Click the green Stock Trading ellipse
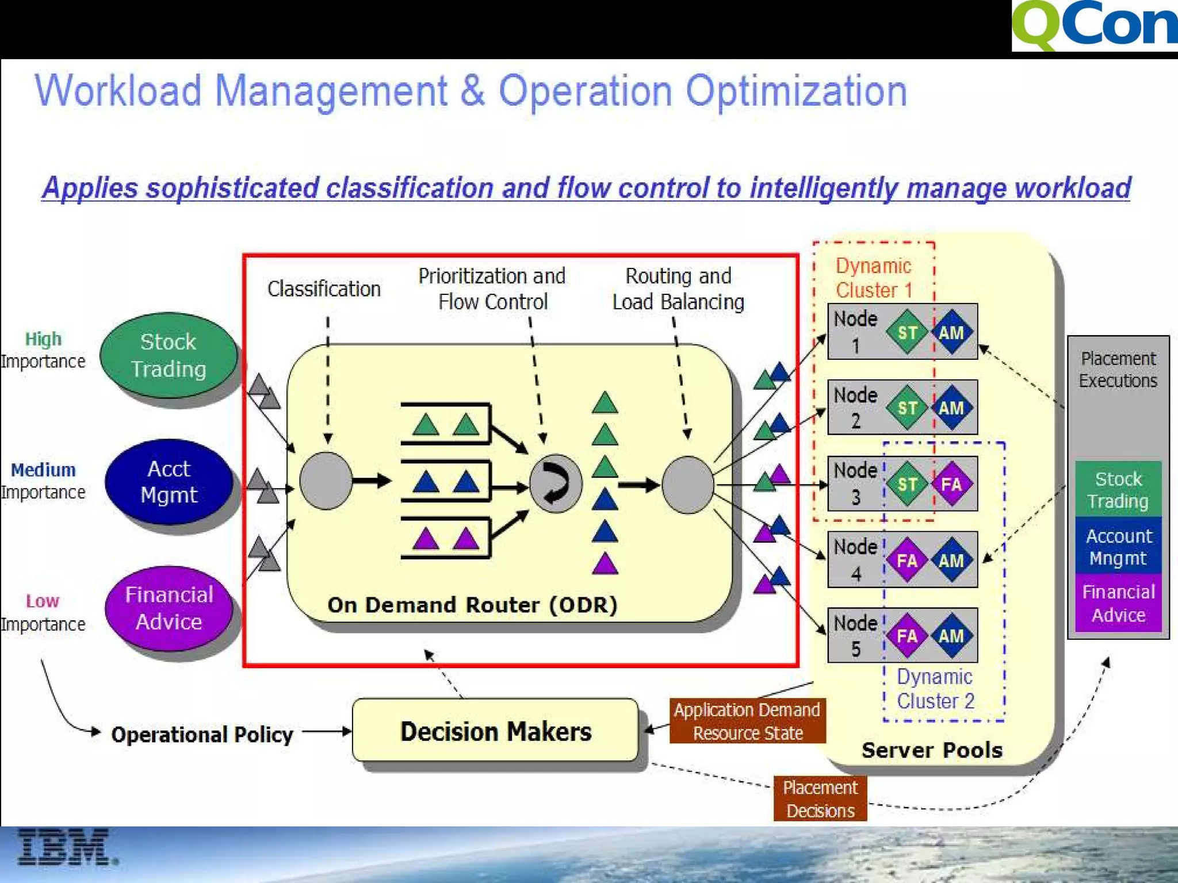[169, 355]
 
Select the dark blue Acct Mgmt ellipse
[169, 482]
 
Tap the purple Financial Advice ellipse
[169, 608]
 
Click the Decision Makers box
[495, 731]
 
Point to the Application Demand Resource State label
[747, 721]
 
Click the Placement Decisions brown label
[820, 798]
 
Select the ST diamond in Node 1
[907, 332]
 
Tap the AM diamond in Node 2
[951, 408]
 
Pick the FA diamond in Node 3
[951, 484]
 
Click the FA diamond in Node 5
[907, 636]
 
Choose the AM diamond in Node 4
[951, 560]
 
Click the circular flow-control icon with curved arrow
[555, 483]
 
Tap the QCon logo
[1094, 26]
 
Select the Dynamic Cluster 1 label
[874, 278]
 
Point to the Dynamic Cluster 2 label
[935, 689]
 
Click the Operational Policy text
[202, 735]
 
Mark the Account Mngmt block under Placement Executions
[1118, 547]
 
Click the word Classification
[324, 289]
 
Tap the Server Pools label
[932, 750]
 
